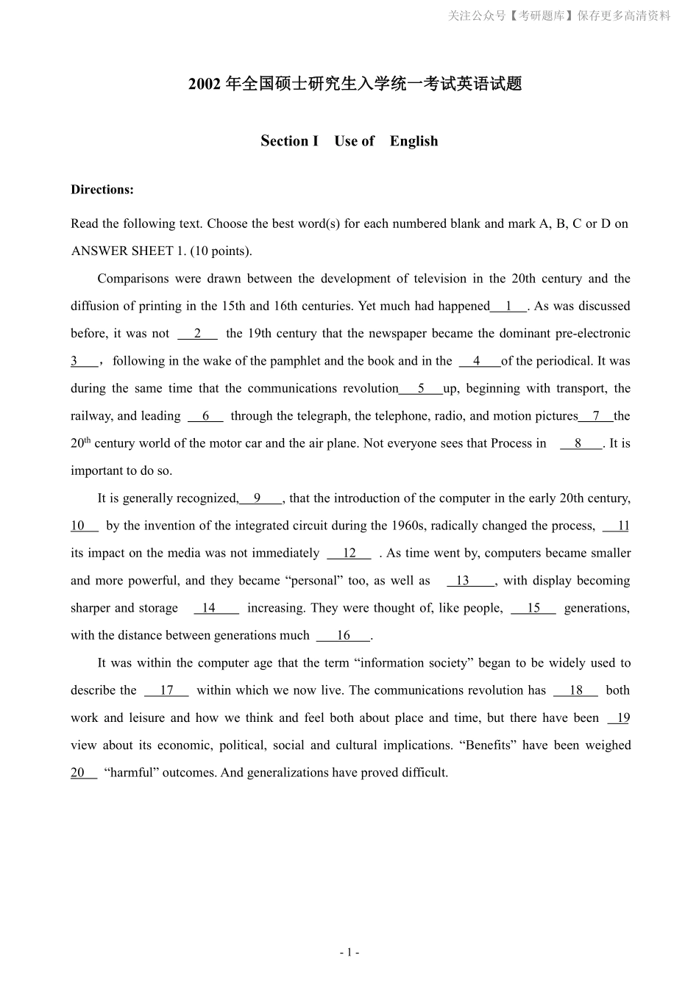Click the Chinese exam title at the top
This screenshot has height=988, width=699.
355,84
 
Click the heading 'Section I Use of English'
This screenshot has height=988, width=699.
349,141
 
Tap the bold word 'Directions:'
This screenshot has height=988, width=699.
102,190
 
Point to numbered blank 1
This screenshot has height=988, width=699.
508,306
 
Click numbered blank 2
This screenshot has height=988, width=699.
197,334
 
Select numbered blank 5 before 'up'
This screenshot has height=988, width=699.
421,388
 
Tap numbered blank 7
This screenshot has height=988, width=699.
596,416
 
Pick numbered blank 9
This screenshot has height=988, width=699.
258,498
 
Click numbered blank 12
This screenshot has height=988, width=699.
349,554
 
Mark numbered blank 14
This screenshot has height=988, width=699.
210,608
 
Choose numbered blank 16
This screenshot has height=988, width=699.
344,636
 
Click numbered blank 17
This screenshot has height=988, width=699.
166,690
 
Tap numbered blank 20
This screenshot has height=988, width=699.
79,773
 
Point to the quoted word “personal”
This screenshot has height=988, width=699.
316,581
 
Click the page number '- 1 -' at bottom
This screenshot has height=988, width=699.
349,953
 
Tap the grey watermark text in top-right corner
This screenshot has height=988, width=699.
559,15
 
